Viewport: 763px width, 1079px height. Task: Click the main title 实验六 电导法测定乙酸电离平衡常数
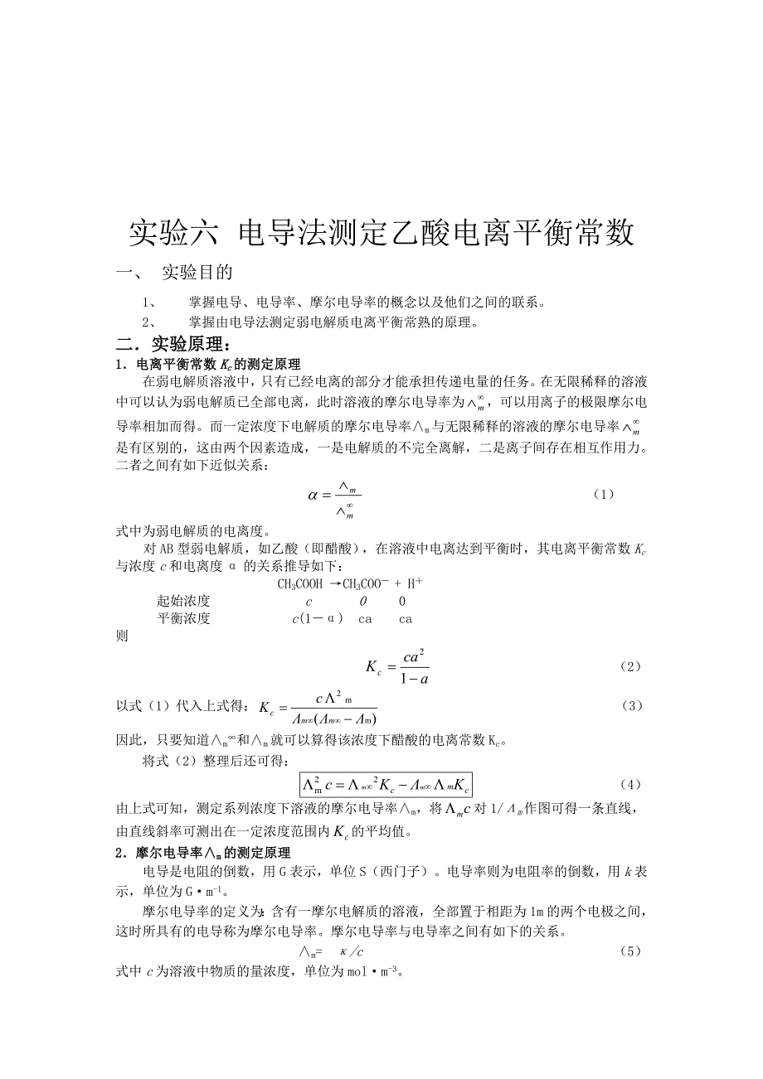[381, 234]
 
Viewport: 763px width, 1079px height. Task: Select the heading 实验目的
[197, 273]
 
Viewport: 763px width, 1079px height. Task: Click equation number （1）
[604, 494]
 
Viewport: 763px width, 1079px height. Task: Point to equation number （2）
[631, 666]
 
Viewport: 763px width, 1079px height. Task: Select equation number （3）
[631, 705]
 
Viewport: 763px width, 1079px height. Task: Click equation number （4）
[631, 783]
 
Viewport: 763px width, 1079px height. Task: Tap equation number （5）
[631, 951]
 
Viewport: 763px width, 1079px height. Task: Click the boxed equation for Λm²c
[386, 784]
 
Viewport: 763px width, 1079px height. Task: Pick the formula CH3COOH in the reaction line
[299, 583]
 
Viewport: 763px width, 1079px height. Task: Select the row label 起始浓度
[183, 601]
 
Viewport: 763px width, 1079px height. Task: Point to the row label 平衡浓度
[183, 618]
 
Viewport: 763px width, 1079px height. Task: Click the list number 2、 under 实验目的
[150, 322]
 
